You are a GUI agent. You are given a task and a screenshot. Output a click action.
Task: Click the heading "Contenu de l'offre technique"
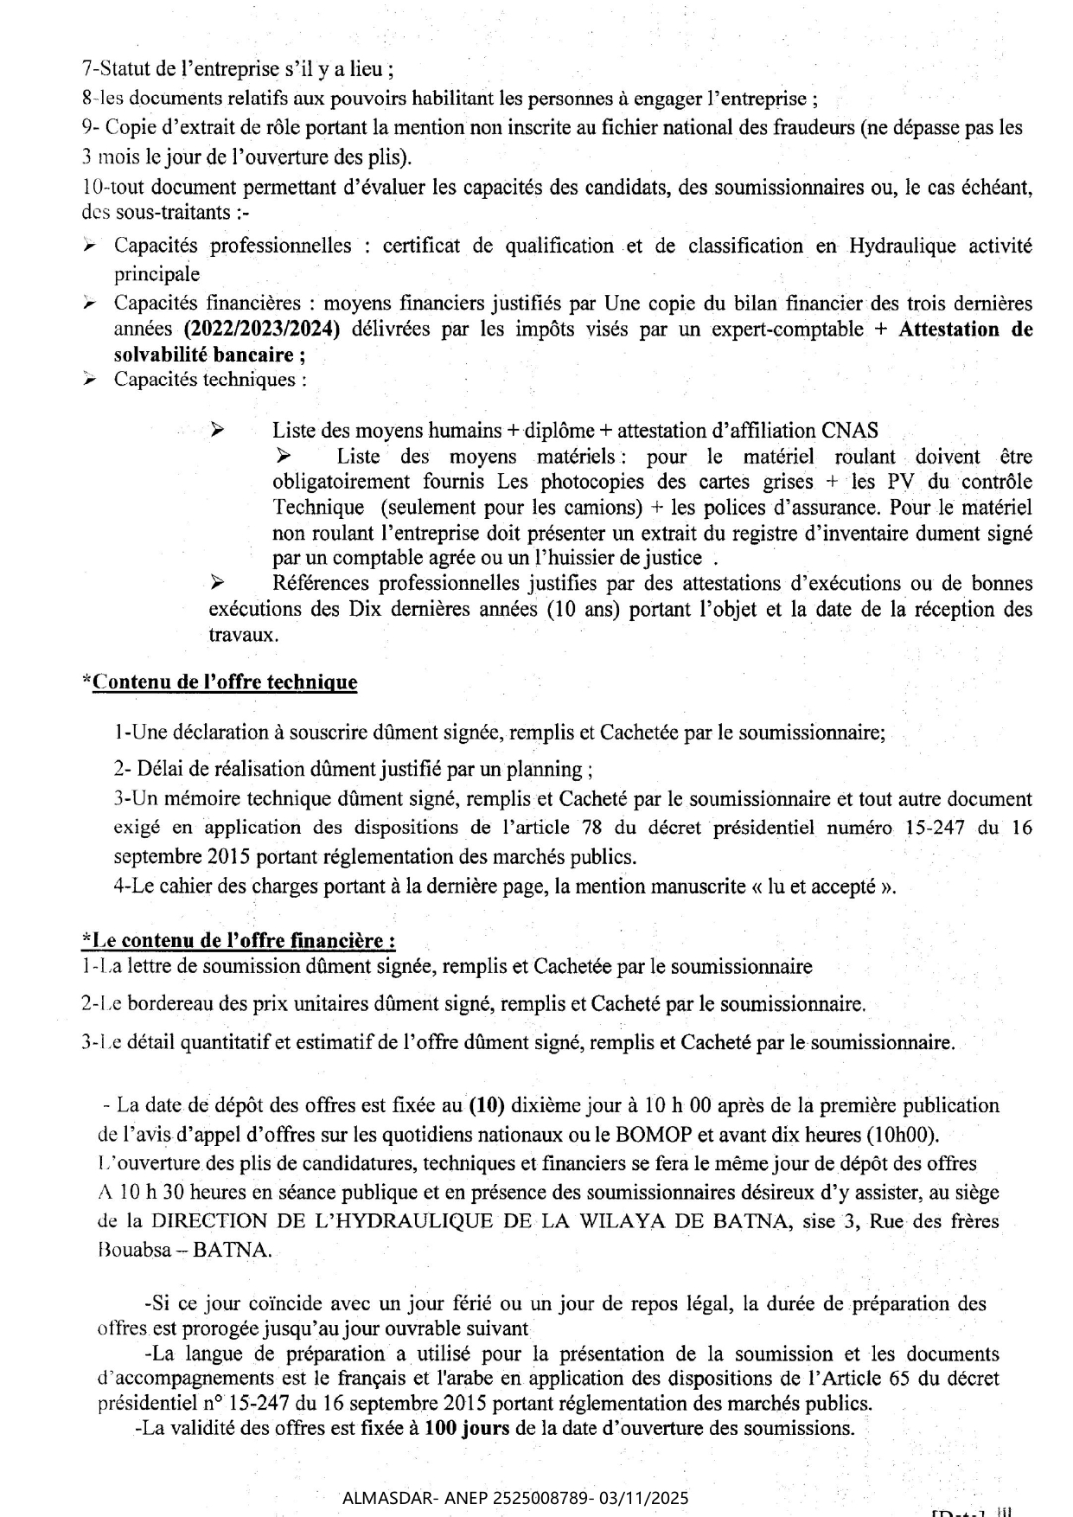(224, 682)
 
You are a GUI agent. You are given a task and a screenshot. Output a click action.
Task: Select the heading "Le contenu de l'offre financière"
(240, 940)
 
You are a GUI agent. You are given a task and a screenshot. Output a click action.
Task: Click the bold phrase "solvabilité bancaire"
(203, 355)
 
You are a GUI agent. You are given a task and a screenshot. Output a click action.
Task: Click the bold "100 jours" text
(466, 1428)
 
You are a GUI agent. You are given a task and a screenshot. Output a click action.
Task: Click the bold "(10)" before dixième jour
(487, 1105)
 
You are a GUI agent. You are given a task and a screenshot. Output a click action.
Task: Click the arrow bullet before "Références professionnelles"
(217, 583)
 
